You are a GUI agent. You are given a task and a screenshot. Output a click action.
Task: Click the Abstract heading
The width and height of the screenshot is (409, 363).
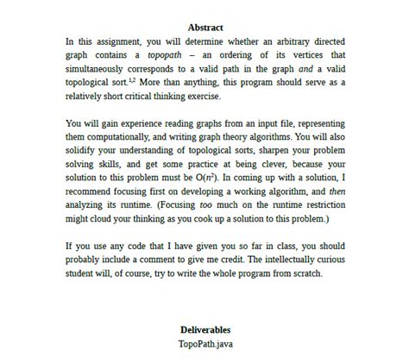tap(205, 28)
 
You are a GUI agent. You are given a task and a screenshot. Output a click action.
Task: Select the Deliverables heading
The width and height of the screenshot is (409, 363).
tap(204, 330)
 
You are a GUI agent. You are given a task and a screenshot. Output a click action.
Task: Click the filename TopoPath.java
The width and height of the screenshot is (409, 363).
tap(204, 342)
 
